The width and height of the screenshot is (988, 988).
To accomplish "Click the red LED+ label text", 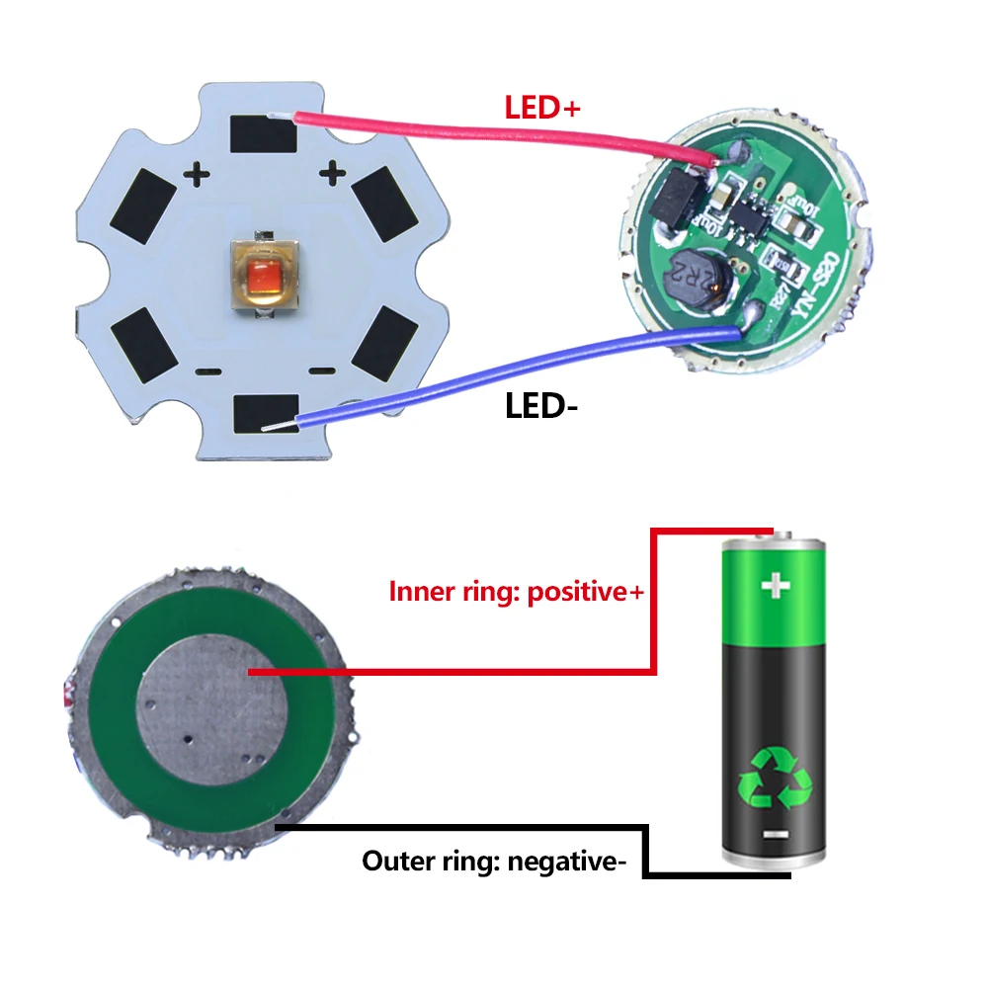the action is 542,107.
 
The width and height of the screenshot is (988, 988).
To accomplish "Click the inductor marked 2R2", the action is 696,276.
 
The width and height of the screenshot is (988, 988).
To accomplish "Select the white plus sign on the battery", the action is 776,587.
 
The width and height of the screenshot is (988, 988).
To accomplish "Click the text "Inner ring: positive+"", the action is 516,593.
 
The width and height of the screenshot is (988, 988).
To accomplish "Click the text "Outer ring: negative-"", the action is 494,861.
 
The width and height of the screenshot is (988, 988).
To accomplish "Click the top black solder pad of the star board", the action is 263,133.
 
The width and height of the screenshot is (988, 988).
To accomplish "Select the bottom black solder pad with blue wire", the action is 264,412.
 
